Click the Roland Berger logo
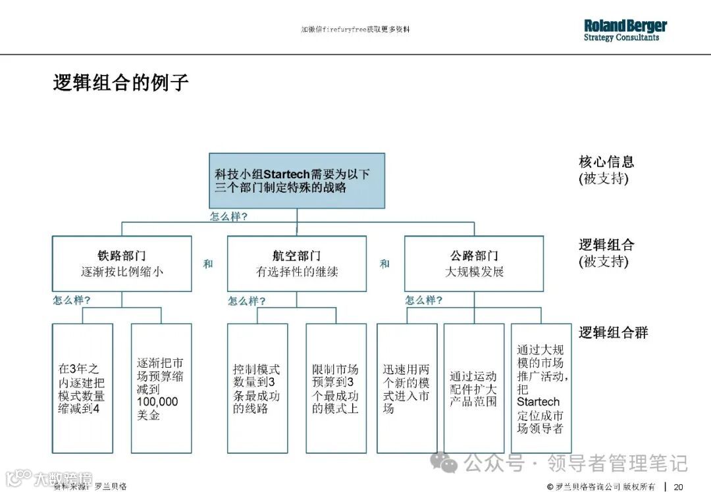[625, 30]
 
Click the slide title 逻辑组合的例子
[121, 83]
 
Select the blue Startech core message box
[297, 181]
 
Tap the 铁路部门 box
[122, 264]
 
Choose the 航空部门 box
[296, 264]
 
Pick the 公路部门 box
[474, 264]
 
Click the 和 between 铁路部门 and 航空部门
[208, 264]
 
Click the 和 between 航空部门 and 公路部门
[384, 264]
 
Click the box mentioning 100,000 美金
[161, 388]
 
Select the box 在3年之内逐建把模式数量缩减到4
[82, 388]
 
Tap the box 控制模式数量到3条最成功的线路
[257, 388]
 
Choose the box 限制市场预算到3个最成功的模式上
[336, 388]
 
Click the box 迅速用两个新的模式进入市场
[407, 388]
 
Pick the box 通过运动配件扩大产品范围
[474, 388]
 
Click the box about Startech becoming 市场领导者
[541, 388]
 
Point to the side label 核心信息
[606, 162]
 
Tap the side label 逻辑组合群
[613, 333]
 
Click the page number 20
[679, 487]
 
